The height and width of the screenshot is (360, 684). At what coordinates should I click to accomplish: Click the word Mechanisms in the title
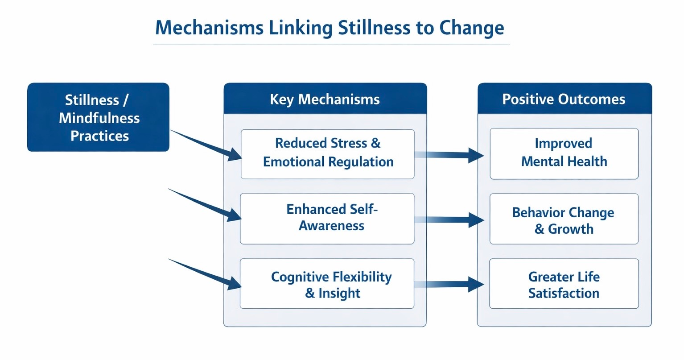click(209, 28)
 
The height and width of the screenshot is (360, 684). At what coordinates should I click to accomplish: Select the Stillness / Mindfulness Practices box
click(98, 117)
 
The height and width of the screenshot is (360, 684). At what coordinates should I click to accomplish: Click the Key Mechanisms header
click(325, 99)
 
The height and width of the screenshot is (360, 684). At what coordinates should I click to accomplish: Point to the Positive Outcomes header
click(564, 99)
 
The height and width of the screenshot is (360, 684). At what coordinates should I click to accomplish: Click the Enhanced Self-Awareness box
click(327, 218)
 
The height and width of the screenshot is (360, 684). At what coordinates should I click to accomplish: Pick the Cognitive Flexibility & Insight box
click(327, 284)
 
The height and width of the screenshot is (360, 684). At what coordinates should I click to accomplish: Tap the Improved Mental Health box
click(564, 153)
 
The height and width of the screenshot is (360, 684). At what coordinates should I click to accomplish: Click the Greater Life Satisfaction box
click(564, 284)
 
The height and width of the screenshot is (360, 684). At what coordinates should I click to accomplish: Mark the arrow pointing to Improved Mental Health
click(450, 155)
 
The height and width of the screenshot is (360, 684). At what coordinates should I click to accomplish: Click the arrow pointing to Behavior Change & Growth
click(450, 220)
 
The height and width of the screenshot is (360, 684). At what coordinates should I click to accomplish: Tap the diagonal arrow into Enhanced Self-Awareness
click(205, 205)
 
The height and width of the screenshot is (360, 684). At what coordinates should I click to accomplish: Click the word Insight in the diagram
click(339, 294)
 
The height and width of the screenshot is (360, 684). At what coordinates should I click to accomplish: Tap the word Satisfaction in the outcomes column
click(564, 294)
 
